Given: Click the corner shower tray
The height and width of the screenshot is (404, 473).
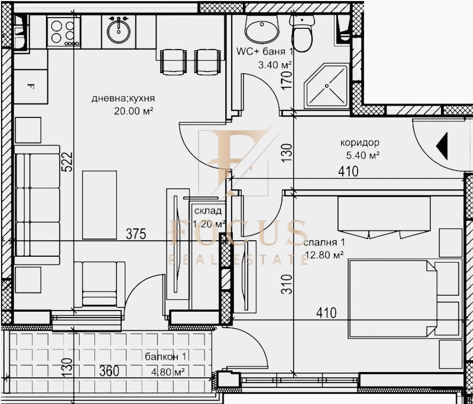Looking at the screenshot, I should pos(327,87).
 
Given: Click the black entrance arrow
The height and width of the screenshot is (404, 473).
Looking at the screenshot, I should pos(442,145).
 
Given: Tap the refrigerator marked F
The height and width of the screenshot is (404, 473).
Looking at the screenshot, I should pos(30,85).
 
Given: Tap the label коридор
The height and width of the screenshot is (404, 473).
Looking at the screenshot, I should pos(359,143).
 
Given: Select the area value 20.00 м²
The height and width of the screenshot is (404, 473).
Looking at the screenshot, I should pos(133,111).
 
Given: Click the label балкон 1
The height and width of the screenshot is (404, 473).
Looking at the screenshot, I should pos(165,357).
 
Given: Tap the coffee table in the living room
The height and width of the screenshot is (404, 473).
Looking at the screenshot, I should pos(99,204).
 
